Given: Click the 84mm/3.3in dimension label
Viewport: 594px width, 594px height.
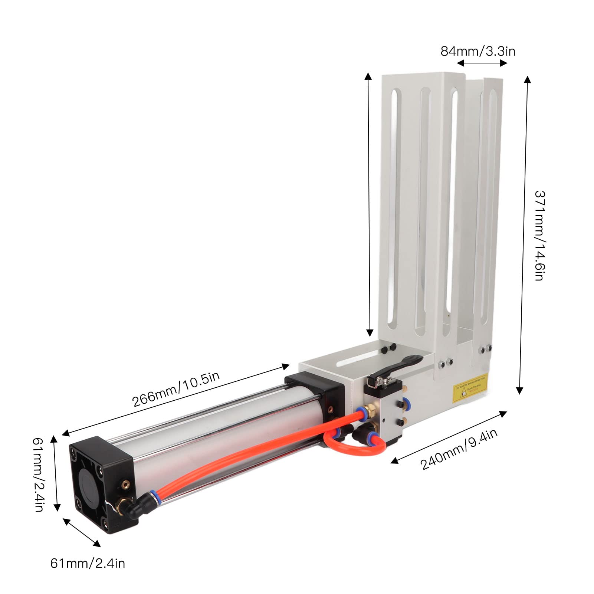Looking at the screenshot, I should (x=478, y=51).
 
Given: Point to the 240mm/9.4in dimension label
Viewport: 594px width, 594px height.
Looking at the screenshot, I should (x=459, y=449).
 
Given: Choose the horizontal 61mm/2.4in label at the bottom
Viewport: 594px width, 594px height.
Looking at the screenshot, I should (x=88, y=564).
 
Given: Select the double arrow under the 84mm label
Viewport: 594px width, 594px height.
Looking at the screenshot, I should (x=482, y=63).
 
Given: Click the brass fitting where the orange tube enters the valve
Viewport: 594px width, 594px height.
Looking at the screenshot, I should (x=368, y=411).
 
